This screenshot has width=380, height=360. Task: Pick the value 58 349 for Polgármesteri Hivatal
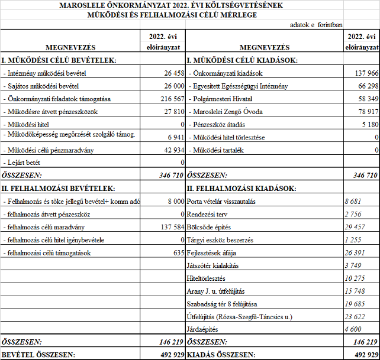tap(366, 99)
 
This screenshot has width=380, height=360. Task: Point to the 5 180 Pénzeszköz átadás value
tap(368, 124)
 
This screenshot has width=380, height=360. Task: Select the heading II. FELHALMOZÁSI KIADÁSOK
tap(242, 189)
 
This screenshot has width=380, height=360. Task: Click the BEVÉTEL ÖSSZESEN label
tap(38, 355)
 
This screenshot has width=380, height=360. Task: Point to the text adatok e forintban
tap(315, 25)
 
